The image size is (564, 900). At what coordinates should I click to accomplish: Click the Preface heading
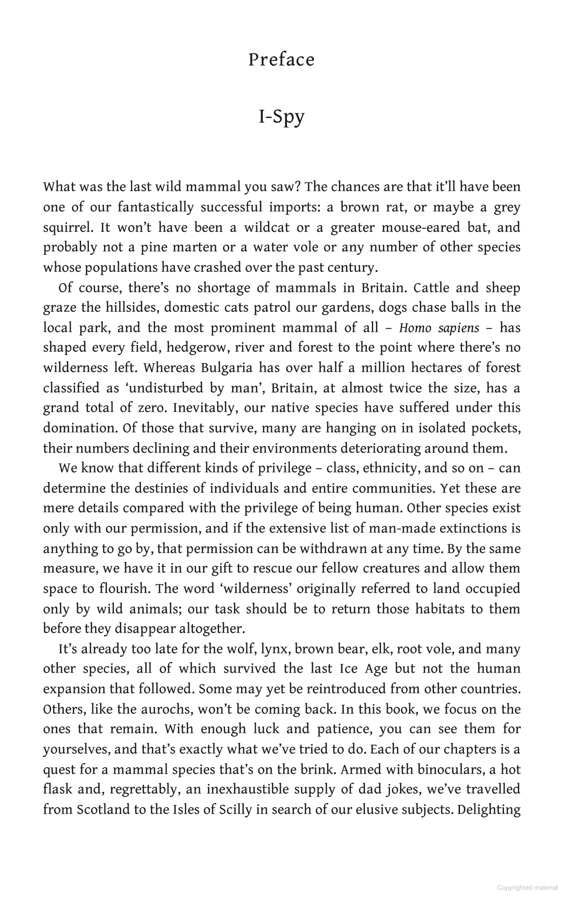282,60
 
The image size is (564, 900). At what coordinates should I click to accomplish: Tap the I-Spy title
282,117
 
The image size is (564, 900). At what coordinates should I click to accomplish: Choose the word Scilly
228,810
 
